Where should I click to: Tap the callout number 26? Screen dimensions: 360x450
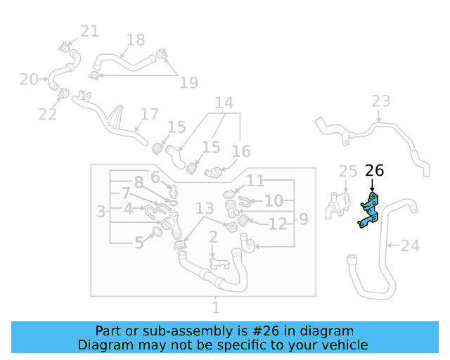pos(375,171)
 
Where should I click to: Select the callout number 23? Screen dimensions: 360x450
pos(380,102)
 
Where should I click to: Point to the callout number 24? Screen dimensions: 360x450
pos(410,246)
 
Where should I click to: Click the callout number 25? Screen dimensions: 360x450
pos(348,172)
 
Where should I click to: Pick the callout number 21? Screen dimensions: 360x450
pos(89,31)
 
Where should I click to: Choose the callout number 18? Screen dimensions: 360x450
pos(135,40)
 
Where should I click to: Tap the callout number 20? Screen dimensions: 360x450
pos(29,79)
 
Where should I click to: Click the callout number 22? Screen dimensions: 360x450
pos(47,114)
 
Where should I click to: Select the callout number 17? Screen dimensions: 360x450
pos(150,114)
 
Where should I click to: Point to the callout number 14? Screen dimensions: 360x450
pos(224,103)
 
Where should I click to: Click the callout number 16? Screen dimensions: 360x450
pos(241,152)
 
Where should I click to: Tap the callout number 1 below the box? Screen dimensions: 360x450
pos(216,307)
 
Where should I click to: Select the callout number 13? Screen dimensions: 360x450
pos(205,208)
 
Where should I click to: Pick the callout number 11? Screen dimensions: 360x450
pos(255,181)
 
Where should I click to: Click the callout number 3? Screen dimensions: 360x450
pos(101,211)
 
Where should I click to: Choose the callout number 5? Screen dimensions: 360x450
pos(139,243)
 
